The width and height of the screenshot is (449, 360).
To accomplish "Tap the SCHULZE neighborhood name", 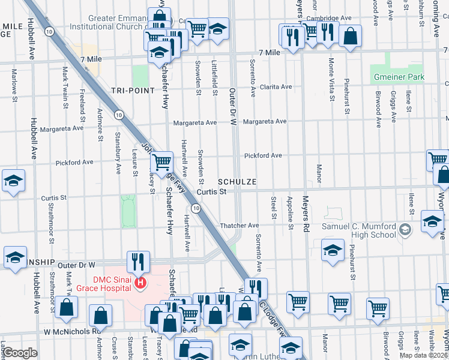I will (x=238, y=181).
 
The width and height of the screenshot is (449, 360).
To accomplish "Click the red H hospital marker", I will (x=140, y=283).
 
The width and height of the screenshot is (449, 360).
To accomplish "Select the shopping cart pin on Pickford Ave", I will (x=161, y=161).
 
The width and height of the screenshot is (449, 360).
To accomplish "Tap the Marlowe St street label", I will (x=13, y=84).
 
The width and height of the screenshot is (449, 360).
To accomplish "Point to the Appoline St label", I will (x=291, y=213).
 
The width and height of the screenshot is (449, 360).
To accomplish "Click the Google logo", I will (x=20, y=353).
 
